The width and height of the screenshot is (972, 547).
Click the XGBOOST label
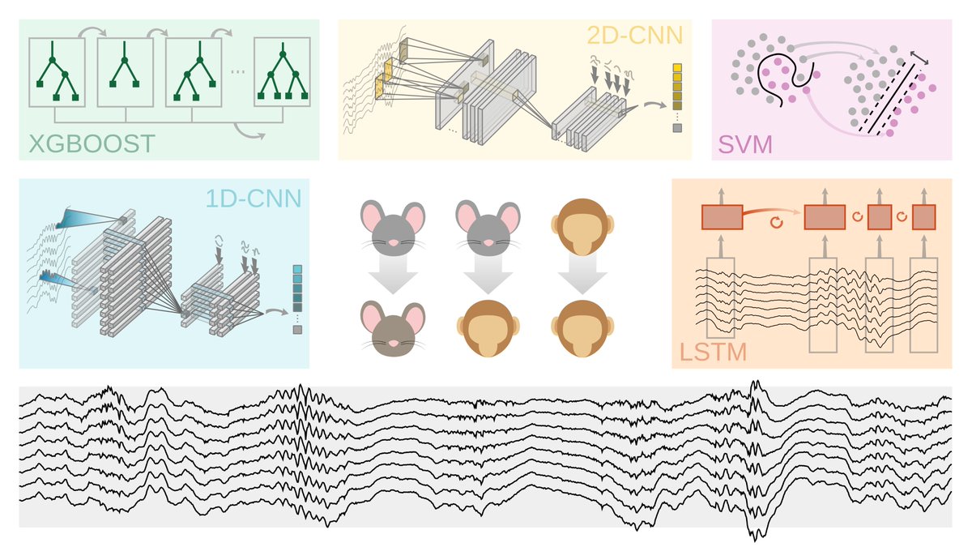point(92,144)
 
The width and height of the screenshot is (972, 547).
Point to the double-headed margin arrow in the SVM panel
point(918,55)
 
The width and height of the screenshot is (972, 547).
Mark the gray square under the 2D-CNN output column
point(677,128)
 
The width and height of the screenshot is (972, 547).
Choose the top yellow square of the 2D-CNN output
point(677,68)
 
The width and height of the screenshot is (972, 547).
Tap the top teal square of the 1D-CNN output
point(298,271)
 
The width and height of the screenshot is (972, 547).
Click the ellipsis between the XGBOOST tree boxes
point(237,72)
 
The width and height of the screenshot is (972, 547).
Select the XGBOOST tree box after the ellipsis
point(282,72)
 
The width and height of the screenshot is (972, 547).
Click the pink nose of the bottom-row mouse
point(392,343)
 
